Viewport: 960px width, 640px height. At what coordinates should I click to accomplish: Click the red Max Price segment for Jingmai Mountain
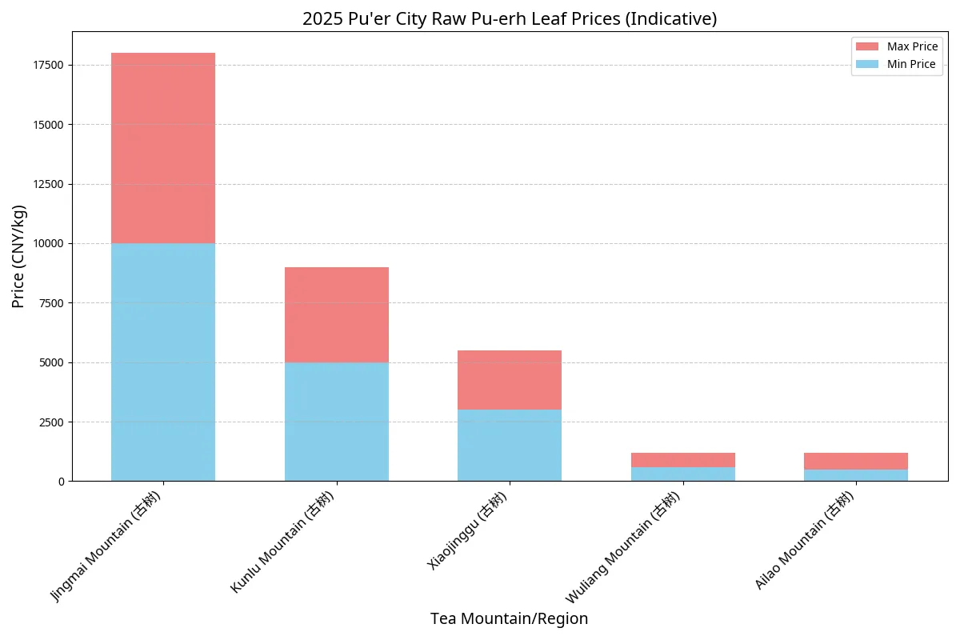pyautogui.click(x=163, y=148)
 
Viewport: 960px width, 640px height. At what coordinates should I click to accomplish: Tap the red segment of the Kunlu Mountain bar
pyautogui.click(x=337, y=314)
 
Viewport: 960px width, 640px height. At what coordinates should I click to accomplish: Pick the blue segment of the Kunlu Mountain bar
pyautogui.click(x=337, y=422)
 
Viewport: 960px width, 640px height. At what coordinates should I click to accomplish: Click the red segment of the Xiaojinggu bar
pyautogui.click(x=510, y=380)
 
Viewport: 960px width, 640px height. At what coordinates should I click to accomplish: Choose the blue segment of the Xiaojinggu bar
pyautogui.click(x=510, y=445)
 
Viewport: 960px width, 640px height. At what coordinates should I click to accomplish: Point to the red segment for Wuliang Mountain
pyautogui.click(x=683, y=460)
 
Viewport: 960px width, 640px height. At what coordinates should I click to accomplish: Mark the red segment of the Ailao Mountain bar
pyautogui.click(x=856, y=461)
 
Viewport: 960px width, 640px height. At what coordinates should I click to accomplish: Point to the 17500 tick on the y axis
pyautogui.click(x=47, y=66)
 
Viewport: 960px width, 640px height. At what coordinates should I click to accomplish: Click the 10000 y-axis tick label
pyautogui.click(x=47, y=244)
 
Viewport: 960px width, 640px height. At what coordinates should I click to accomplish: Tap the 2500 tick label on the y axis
pyautogui.click(x=50, y=422)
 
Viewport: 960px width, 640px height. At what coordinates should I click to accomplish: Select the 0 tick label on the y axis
pyautogui.click(x=61, y=482)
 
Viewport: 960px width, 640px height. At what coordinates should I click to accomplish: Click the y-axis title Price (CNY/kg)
pyautogui.click(x=19, y=256)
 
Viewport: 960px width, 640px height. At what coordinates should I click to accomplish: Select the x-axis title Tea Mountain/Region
pyautogui.click(x=509, y=618)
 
